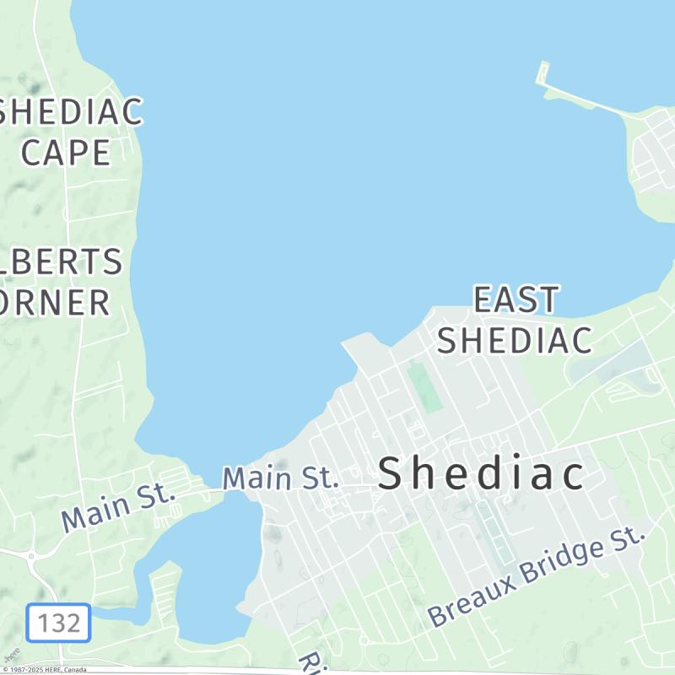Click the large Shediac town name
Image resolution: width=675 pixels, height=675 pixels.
[x=481, y=474]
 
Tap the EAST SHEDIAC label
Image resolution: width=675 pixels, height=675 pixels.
[x=515, y=321]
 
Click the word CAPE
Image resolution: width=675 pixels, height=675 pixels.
[x=66, y=153]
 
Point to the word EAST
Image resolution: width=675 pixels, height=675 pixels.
[x=516, y=300]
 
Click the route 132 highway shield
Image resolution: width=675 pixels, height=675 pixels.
[x=58, y=624]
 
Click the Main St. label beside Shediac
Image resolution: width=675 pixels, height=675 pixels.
[x=280, y=478]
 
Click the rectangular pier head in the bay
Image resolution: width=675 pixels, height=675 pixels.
[x=543, y=73]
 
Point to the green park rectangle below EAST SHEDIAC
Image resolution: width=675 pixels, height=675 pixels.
[x=425, y=387]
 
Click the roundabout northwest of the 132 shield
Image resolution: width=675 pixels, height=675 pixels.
[x=31, y=556]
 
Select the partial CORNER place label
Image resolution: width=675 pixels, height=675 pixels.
[x=54, y=301]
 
